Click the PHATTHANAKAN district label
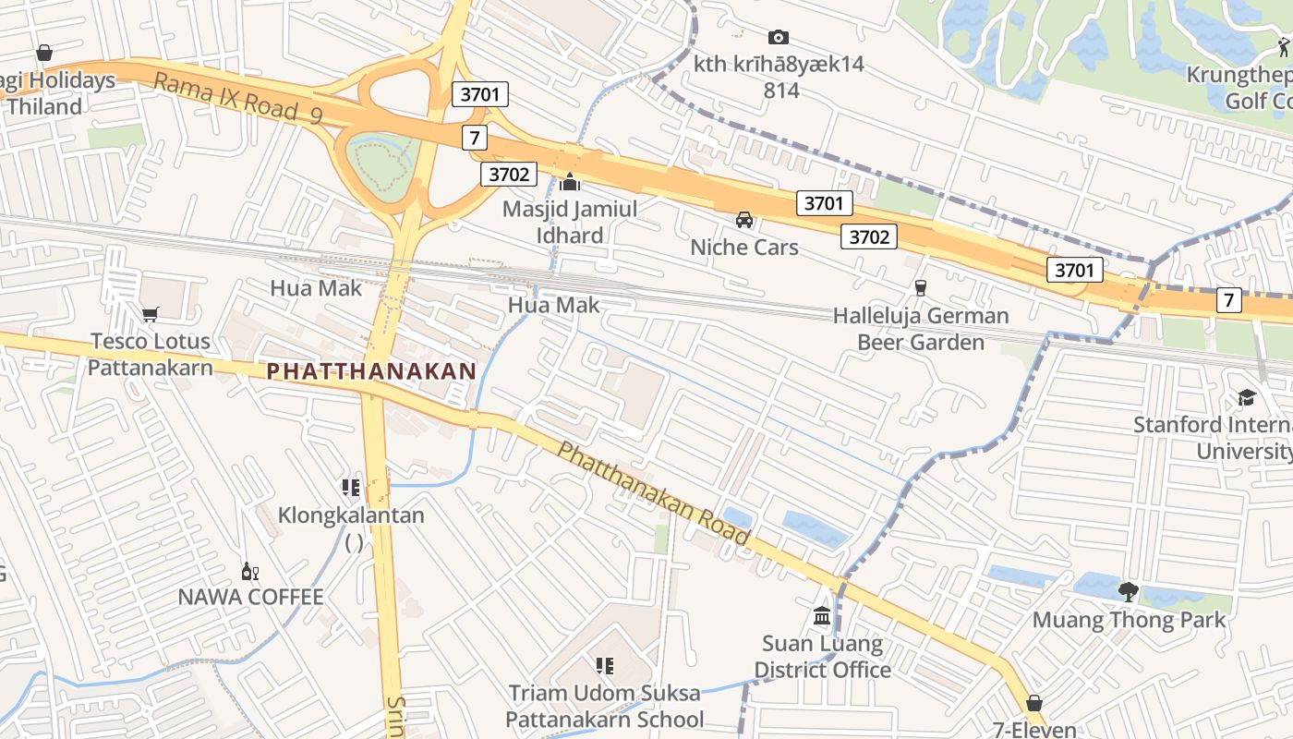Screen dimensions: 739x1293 371,371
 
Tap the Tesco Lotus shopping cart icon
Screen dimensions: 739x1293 150,314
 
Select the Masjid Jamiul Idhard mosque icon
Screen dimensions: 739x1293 570,182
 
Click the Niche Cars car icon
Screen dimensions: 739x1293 744,220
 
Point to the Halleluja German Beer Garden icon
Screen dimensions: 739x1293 919,288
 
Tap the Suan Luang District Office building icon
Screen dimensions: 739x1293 822,615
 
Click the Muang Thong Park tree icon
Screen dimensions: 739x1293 1128,591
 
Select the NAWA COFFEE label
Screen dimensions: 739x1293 251,597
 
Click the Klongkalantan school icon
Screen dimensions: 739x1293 351,487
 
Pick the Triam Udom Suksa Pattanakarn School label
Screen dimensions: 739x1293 604,707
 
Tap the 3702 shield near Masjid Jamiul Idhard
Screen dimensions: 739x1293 508,174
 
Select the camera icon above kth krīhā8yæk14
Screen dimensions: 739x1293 779,37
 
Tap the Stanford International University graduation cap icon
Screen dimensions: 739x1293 1247,398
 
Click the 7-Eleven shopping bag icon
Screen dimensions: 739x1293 1034,703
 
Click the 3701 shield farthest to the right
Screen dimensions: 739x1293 1075,270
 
